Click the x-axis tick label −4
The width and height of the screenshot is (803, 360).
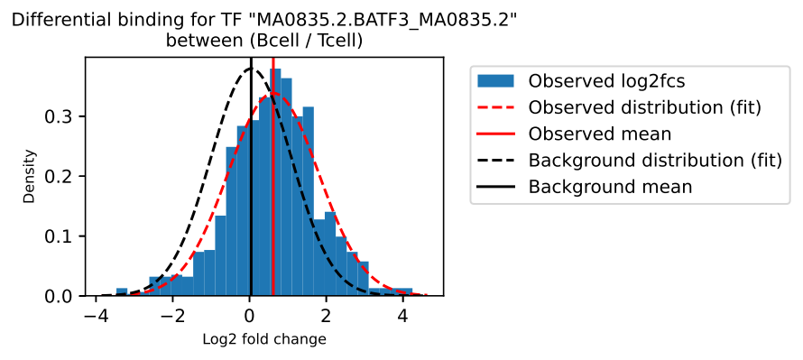point(96,314)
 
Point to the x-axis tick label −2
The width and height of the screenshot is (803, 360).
point(172,314)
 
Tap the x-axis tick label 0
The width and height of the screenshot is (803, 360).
point(250,314)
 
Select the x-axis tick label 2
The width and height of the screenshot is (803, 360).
point(327,314)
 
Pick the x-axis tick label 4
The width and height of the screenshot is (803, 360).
point(403,314)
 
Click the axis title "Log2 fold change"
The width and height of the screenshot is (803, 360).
point(263,339)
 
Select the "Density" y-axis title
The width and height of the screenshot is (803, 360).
point(30,176)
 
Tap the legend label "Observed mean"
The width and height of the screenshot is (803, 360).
point(600,134)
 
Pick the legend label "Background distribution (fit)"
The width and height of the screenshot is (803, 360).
point(655,161)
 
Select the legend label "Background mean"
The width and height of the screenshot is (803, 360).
point(611,188)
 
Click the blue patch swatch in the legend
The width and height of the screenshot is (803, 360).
point(495,81)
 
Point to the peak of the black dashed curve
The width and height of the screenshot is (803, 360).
point(251,68)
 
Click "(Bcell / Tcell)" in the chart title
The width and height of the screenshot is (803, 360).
point(306,41)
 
